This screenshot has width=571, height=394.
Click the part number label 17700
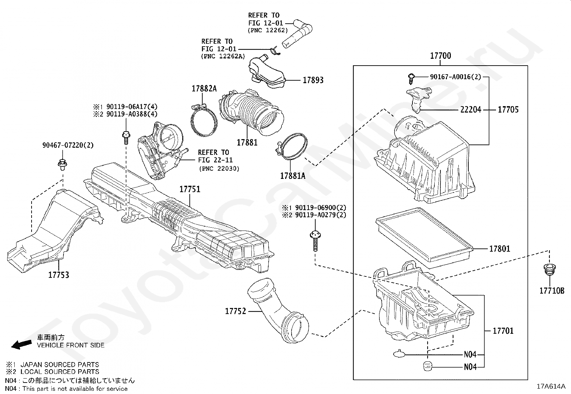click(x=440, y=56)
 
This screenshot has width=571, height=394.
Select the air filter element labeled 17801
click(x=423, y=237)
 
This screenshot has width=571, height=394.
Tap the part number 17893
click(x=313, y=80)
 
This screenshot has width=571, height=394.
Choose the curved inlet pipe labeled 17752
click(x=276, y=308)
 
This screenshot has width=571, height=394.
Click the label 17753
click(x=59, y=275)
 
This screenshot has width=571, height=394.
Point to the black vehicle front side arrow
click(x=21, y=344)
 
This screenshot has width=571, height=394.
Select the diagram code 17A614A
click(x=551, y=386)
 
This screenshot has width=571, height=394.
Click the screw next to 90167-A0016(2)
click(x=411, y=76)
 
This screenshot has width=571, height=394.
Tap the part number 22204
click(x=471, y=110)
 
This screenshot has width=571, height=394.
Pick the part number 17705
click(x=508, y=110)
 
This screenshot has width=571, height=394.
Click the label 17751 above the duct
click(x=190, y=189)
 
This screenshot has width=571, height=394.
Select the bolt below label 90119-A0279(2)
click(x=315, y=240)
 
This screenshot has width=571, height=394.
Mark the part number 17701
click(x=503, y=331)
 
